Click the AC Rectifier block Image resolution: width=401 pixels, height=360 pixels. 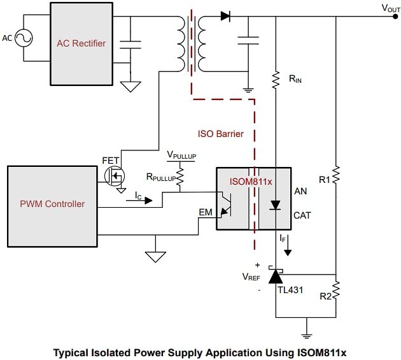pyautogui.click(x=81, y=43)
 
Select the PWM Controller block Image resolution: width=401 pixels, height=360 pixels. pyautogui.click(x=52, y=204)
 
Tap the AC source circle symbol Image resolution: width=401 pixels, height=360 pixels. pyautogui.click(x=25, y=38)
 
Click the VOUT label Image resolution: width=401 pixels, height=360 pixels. pyautogui.click(x=390, y=8)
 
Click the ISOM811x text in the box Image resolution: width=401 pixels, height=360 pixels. pyautogui.click(x=251, y=181)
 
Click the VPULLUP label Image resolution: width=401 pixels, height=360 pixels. pyautogui.click(x=180, y=155)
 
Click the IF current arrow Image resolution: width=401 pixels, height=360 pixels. pyautogui.click(x=287, y=248)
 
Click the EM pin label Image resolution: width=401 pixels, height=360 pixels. pyautogui.click(x=206, y=212)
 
